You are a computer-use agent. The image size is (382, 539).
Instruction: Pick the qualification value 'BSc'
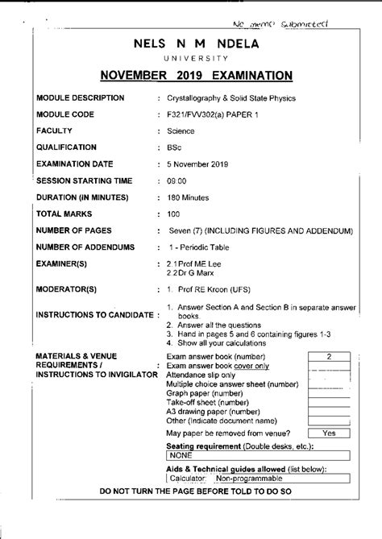tap(173, 147)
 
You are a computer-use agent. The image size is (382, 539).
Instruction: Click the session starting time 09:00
tap(176, 180)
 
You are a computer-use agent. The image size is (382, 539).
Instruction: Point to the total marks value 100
tap(173, 214)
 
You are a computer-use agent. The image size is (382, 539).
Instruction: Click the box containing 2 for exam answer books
tap(329, 355)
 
